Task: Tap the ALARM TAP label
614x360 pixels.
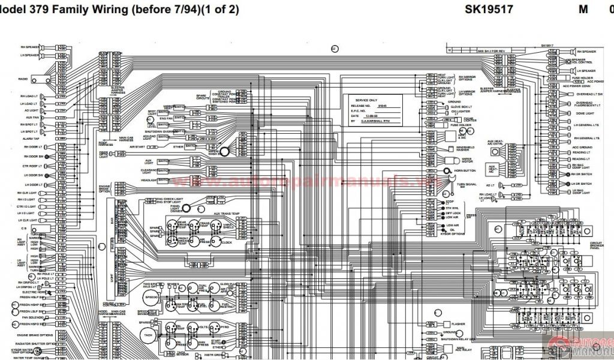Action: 31,139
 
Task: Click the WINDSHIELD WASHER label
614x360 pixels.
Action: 465,149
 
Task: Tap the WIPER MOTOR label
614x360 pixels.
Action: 465,161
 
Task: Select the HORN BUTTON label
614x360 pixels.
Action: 464,171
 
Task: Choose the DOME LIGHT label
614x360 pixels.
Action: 585,113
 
